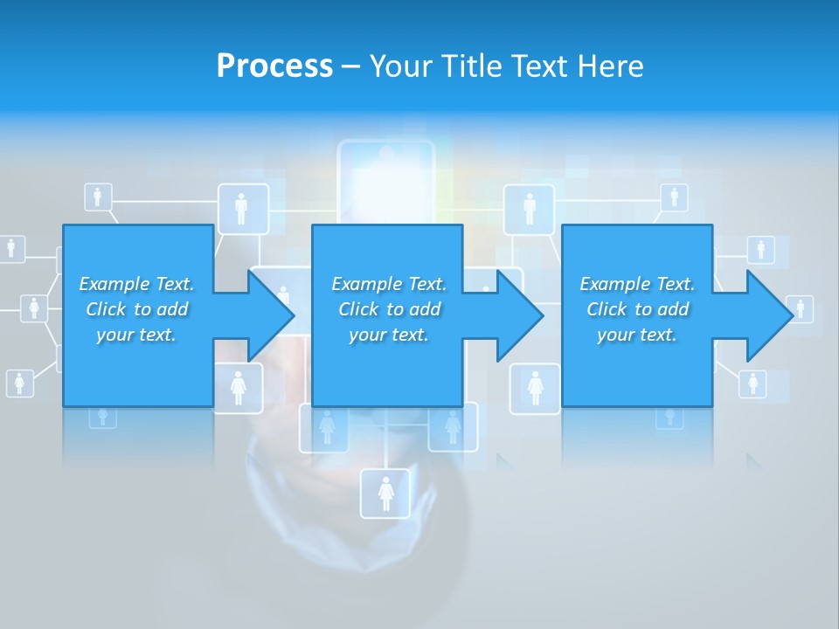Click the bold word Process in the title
point(274,66)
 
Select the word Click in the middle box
point(357,309)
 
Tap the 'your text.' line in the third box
point(636,335)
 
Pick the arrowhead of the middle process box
point(519,315)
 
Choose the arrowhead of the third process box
point(768,315)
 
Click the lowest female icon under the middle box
point(385,494)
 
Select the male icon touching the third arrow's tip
point(800,308)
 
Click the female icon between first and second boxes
point(238,387)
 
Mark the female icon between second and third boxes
point(535,387)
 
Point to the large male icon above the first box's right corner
point(242,209)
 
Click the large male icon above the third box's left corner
point(529,209)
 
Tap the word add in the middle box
point(424,309)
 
